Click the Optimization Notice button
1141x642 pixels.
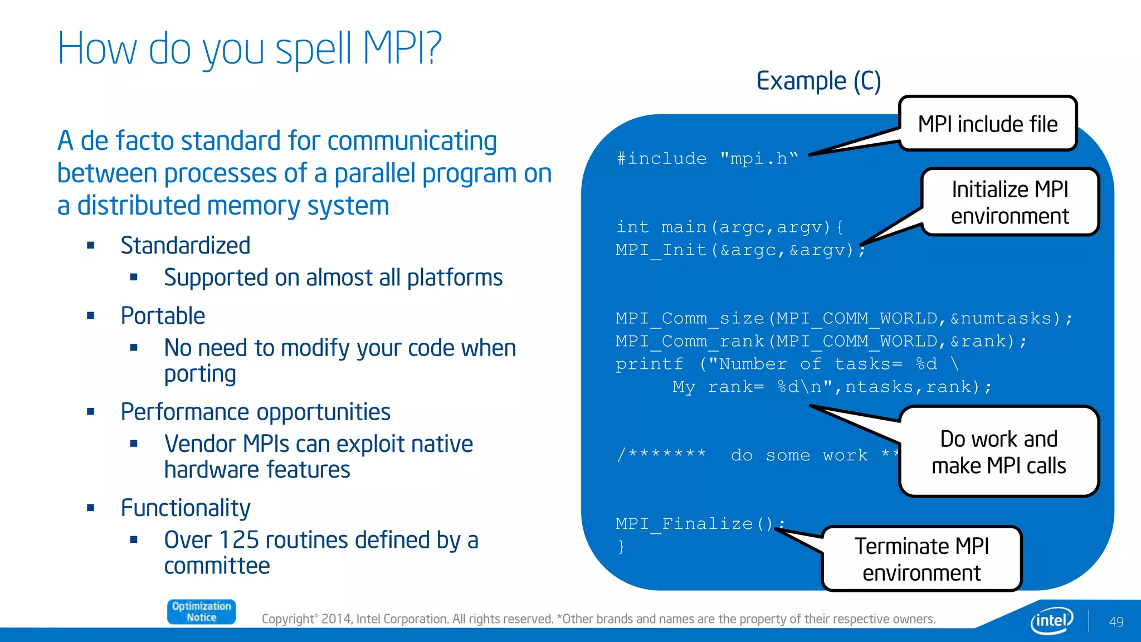(201, 611)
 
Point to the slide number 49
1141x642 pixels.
(1116, 622)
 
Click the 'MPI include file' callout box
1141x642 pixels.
(988, 124)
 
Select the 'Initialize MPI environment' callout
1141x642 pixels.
(1010, 202)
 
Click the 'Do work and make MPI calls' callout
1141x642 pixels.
(998, 452)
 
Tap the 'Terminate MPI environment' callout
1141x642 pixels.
(921, 559)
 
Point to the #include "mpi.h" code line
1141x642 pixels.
(707, 159)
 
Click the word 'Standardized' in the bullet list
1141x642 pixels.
(186, 245)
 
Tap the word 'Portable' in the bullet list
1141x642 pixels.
(163, 316)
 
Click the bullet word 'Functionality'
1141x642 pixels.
(186, 508)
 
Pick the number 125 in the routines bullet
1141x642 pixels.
(239, 540)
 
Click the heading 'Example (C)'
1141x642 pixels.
(818, 81)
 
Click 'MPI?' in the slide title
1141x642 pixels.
(402, 48)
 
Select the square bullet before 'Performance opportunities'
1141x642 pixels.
(91, 412)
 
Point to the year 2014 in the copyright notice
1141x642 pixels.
(337, 619)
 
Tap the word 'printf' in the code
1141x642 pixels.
(649, 364)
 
